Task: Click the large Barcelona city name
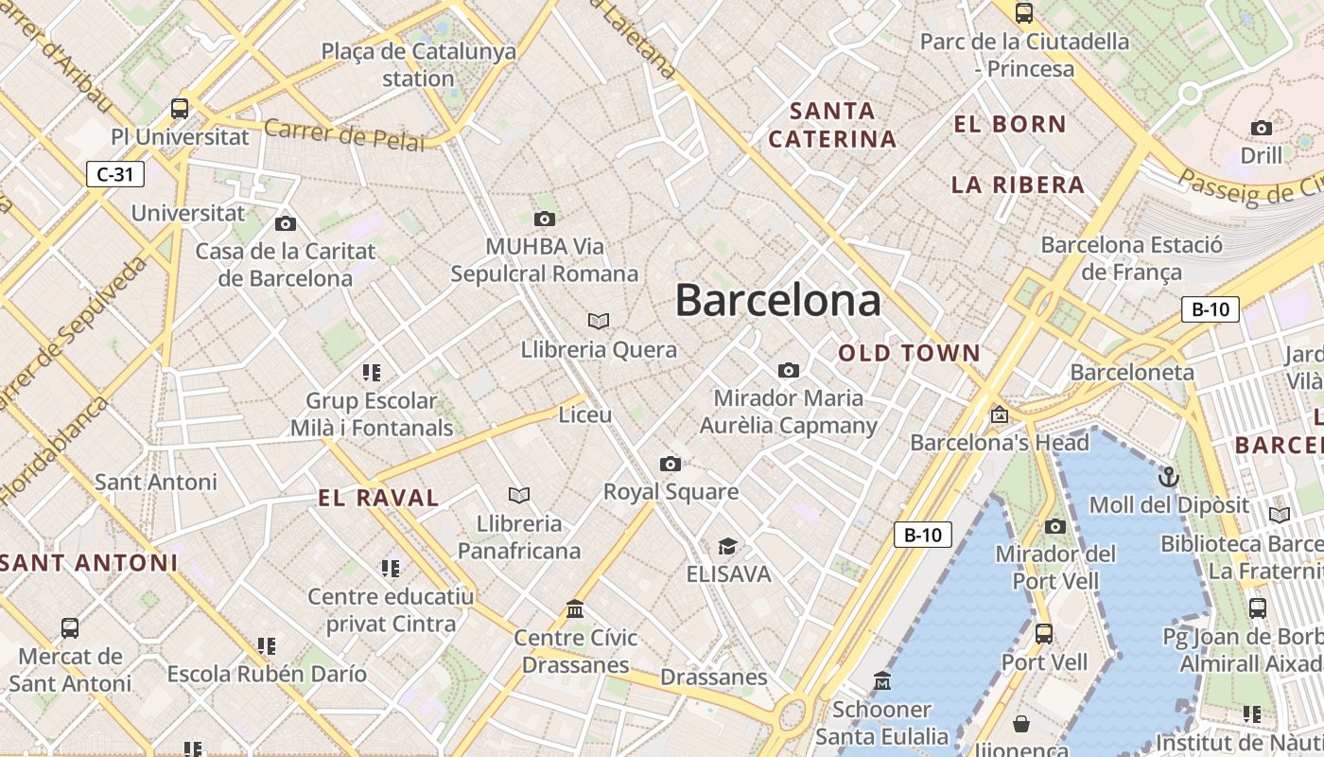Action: click(777, 301)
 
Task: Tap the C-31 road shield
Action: click(115, 174)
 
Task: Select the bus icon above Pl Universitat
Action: click(180, 108)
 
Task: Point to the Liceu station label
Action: click(585, 414)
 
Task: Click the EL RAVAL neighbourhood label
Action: click(378, 498)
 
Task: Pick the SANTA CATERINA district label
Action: click(832, 125)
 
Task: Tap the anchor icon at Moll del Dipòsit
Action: click(1169, 476)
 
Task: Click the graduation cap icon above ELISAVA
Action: click(727, 546)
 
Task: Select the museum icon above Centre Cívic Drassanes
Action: click(575, 608)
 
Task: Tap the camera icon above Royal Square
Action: click(671, 464)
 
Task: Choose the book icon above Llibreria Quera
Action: click(599, 321)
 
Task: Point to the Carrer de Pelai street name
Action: click(344, 133)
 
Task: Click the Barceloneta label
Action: click(1132, 372)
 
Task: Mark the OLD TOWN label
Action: click(909, 353)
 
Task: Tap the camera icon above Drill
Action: click(1262, 128)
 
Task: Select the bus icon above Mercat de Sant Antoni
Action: click(70, 627)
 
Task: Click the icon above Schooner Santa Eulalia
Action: click(882, 680)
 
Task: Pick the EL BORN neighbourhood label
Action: click(1009, 124)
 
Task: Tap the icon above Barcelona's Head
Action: click(999, 414)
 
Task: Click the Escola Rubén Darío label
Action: click(267, 674)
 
